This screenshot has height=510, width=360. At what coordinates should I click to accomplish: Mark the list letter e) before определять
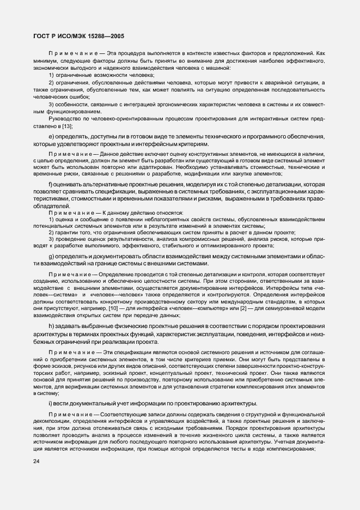(x=51, y=136)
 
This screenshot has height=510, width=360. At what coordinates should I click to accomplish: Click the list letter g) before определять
(x=51, y=256)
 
